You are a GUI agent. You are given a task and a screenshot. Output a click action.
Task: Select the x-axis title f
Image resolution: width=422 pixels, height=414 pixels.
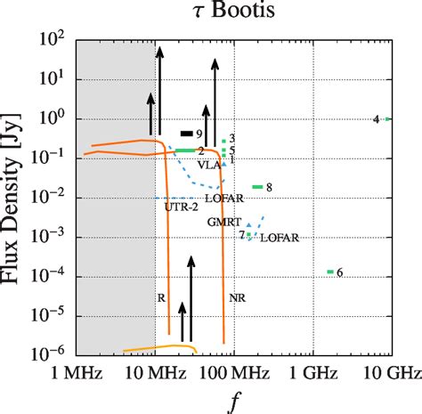click(234, 402)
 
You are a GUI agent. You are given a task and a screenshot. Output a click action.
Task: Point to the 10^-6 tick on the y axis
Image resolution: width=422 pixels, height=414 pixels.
click(55, 354)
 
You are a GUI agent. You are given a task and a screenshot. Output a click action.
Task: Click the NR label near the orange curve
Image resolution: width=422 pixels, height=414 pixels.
click(237, 297)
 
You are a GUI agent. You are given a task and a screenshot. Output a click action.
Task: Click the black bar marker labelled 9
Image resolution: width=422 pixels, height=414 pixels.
click(186, 133)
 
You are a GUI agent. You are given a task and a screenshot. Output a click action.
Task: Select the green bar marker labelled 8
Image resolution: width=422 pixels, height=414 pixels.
click(257, 187)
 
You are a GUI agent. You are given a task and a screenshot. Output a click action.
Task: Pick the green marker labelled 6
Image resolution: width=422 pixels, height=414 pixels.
click(330, 272)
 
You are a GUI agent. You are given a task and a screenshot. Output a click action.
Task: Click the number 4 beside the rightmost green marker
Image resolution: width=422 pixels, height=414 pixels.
click(376, 119)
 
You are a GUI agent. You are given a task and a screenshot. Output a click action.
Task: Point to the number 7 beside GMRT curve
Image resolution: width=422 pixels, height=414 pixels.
click(240, 234)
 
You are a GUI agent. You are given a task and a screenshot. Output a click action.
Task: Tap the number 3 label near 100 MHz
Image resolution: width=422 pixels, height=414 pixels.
click(231, 138)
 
